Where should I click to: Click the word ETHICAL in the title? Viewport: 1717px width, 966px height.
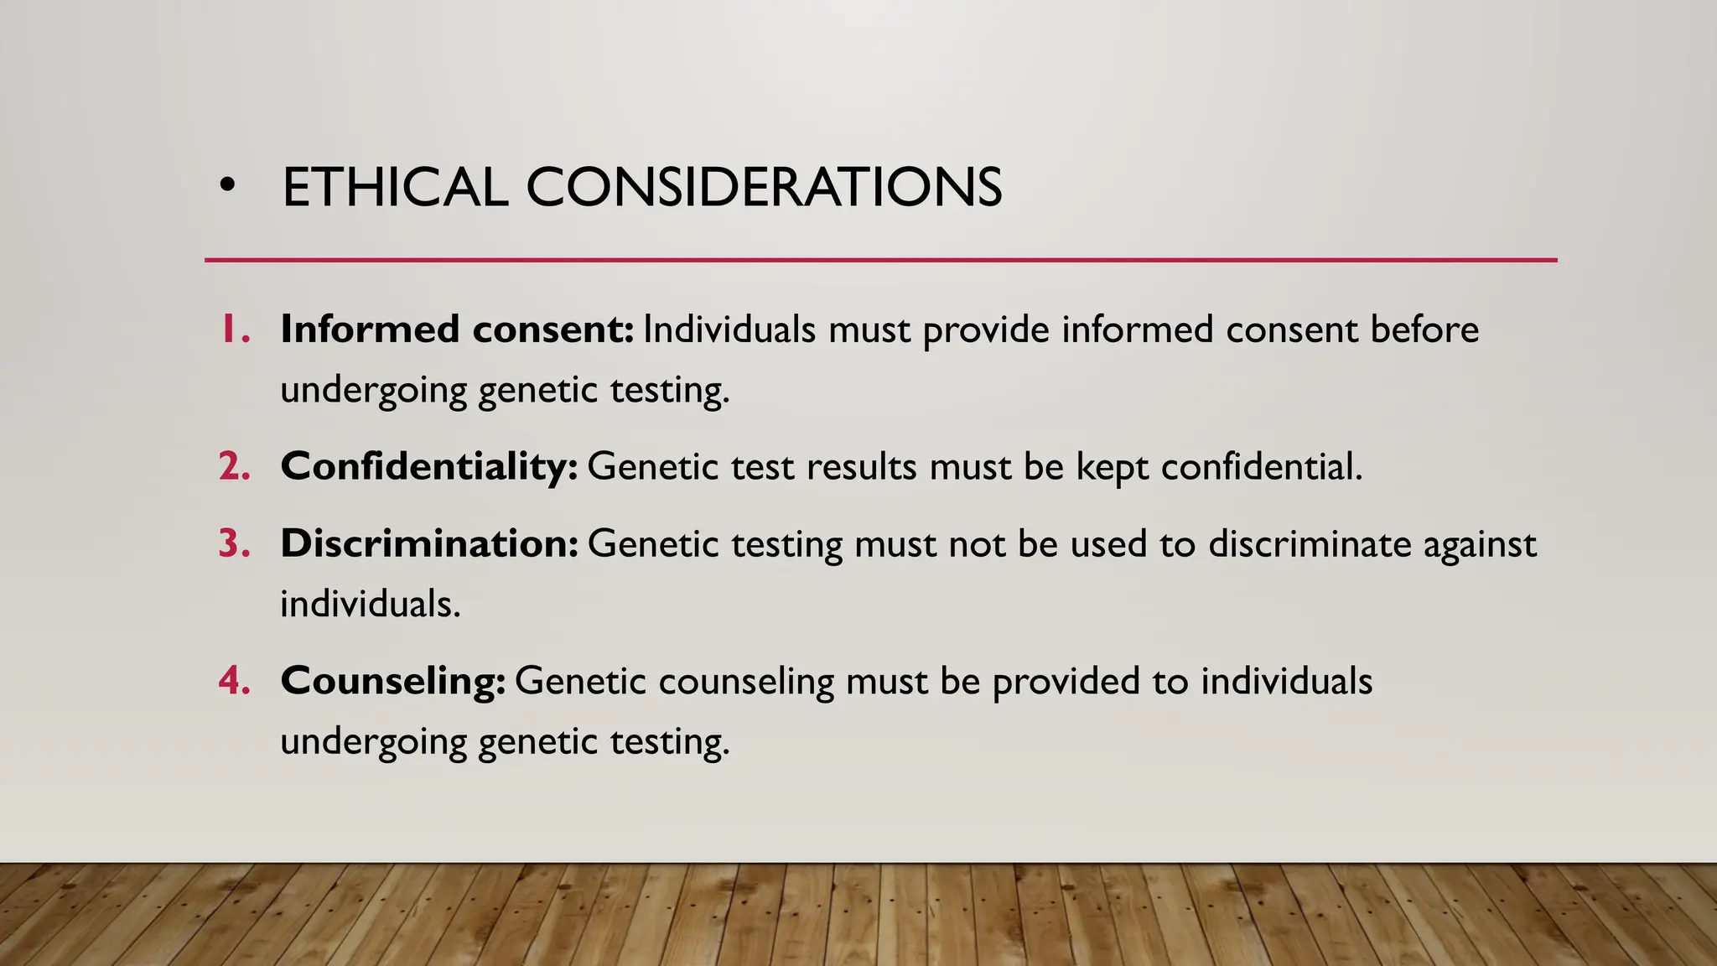(395, 187)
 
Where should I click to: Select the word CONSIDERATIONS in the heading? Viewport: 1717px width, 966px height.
(764, 187)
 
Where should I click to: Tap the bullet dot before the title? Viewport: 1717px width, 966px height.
(226, 186)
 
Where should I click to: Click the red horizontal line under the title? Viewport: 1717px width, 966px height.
(880, 260)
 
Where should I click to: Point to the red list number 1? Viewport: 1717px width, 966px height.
(234, 330)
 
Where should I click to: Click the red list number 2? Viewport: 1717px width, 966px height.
(235, 466)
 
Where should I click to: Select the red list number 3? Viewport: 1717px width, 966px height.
(235, 543)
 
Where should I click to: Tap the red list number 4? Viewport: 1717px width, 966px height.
(235, 680)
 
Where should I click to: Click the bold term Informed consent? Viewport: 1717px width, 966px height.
(457, 330)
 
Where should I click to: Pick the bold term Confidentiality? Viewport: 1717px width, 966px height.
(429, 466)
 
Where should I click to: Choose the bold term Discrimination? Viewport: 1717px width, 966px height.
(429, 543)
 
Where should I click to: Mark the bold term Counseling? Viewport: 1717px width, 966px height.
(393, 680)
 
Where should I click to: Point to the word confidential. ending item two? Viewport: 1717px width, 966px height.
(1262, 466)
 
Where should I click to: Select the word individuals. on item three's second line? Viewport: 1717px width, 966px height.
(371, 604)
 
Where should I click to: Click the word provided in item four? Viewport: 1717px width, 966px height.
(1066, 682)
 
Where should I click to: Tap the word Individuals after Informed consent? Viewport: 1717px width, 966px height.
(729, 330)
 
